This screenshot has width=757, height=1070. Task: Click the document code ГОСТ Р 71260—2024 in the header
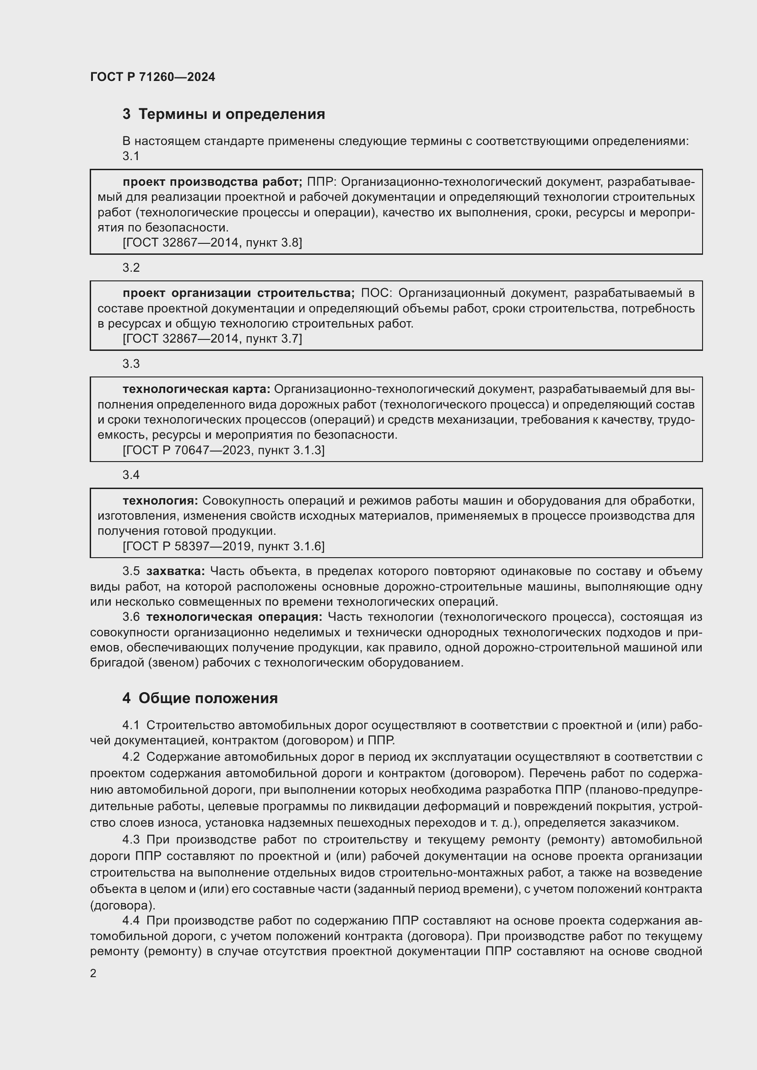(152, 77)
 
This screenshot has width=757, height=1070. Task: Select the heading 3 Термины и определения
(224, 114)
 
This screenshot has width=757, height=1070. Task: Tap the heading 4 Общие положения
(200, 698)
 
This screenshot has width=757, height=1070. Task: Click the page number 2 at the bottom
(93, 973)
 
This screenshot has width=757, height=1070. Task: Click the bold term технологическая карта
(196, 389)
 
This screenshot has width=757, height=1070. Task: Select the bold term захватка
(175, 571)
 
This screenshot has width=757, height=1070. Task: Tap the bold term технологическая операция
(234, 617)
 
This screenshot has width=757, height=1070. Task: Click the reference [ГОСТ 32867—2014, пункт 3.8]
(212, 243)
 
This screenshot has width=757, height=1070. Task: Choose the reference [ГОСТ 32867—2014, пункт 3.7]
(212, 339)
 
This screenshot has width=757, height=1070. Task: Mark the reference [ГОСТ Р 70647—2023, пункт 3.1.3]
(223, 450)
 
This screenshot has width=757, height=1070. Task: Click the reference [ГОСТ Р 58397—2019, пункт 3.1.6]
(223, 546)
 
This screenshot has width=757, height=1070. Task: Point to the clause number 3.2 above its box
(131, 268)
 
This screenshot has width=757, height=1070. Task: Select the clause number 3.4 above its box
(131, 475)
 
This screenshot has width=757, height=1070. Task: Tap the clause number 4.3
(131, 840)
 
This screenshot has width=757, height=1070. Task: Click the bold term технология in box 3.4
(160, 501)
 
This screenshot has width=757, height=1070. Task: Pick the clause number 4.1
(131, 725)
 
